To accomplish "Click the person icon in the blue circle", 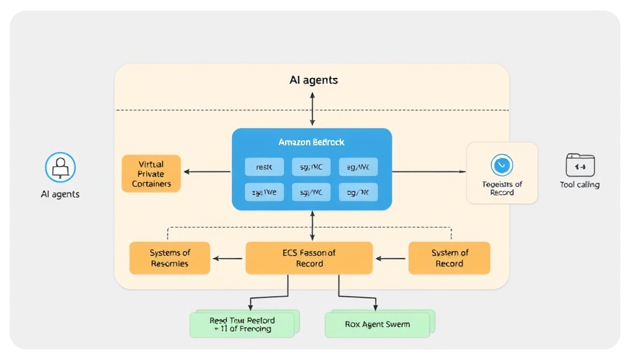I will click(60, 167).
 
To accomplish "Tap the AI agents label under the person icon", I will click(60, 194).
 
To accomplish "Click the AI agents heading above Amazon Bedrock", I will click(314, 80).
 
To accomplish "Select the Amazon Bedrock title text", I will click(311, 142).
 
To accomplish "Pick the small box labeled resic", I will click(264, 167).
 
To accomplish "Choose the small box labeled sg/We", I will click(264, 192).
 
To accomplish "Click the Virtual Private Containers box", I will click(151, 174).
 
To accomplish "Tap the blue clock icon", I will click(502, 165).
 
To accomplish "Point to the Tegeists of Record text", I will click(502, 188).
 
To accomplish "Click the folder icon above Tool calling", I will click(580, 165).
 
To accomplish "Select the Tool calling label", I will click(580, 185).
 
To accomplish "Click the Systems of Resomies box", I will click(169, 258).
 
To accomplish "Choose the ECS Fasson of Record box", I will click(309, 258).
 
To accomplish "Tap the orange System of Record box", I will click(449, 258).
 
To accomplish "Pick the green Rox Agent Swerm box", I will click(378, 325).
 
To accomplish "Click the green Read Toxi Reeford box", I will click(242, 324).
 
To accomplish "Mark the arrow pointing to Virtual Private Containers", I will click(207, 172).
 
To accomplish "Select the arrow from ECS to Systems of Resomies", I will click(227, 259).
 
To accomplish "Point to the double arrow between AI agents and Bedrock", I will click(312, 109).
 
